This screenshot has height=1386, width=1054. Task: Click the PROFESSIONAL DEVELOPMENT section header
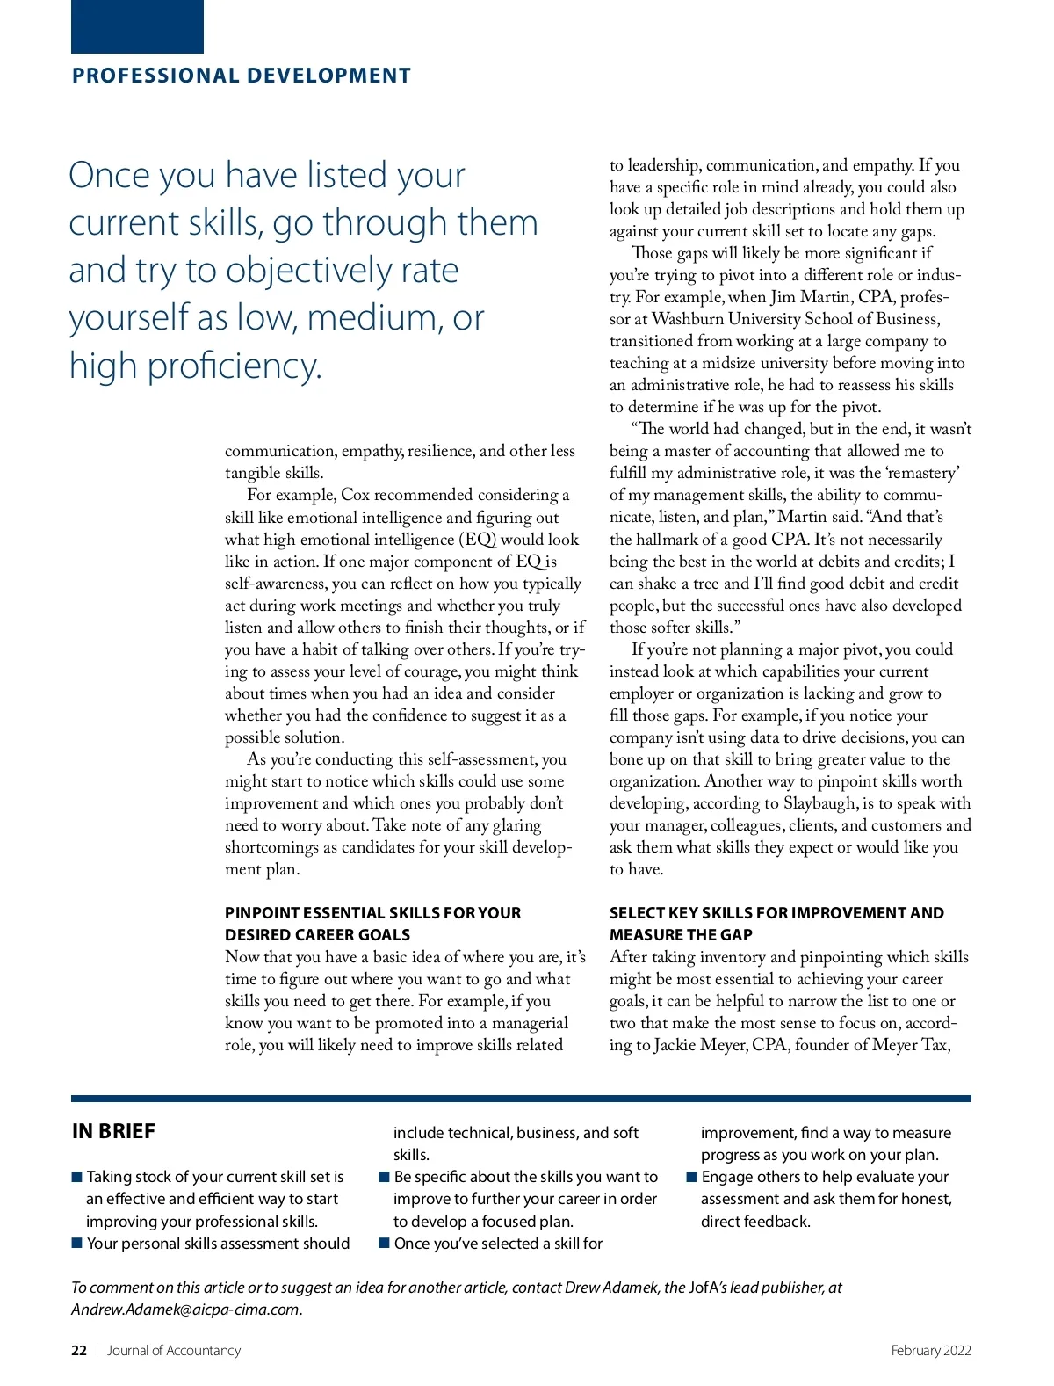coord(242,76)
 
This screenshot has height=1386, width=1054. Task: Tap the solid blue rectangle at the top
coord(137,26)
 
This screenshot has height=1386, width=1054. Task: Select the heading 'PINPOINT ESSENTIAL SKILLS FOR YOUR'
coord(372,913)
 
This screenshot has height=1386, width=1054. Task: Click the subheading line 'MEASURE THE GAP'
coord(681,935)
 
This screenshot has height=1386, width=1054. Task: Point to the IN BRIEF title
coord(113,1131)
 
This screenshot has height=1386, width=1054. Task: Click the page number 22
coord(79,1351)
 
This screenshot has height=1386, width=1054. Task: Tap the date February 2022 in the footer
coord(930,1351)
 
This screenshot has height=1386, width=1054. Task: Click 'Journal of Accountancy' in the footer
coord(174,1351)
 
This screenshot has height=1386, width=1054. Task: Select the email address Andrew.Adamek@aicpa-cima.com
coord(185,1310)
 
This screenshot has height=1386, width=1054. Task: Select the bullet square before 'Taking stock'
coord(77,1177)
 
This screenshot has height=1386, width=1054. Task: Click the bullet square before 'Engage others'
coord(692,1177)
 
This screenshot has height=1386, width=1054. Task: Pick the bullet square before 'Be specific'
coord(385,1177)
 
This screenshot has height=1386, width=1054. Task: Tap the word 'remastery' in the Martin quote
coord(922,473)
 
